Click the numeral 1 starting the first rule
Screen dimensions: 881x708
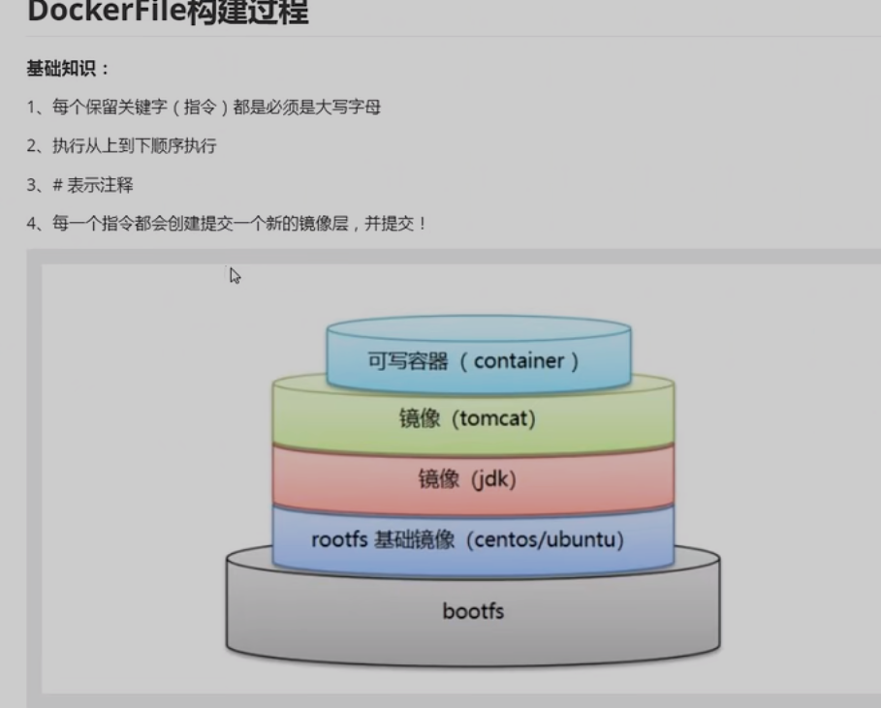pos(31,108)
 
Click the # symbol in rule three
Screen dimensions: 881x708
pos(57,185)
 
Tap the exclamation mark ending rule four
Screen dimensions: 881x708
pos(423,224)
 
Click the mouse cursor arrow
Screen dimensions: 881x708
pos(234,274)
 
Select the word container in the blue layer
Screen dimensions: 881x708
pos(519,361)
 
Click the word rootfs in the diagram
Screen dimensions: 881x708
pos(339,539)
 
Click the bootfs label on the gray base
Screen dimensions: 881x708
pos(473,611)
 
